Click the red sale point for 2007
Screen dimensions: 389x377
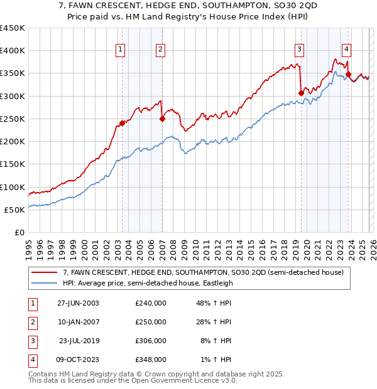tap(162, 119)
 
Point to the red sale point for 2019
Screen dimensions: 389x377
tap(301, 93)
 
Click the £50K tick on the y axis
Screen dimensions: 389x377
tap(15, 210)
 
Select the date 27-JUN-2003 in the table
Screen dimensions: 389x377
tap(78, 303)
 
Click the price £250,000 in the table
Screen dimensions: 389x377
tap(151, 322)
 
